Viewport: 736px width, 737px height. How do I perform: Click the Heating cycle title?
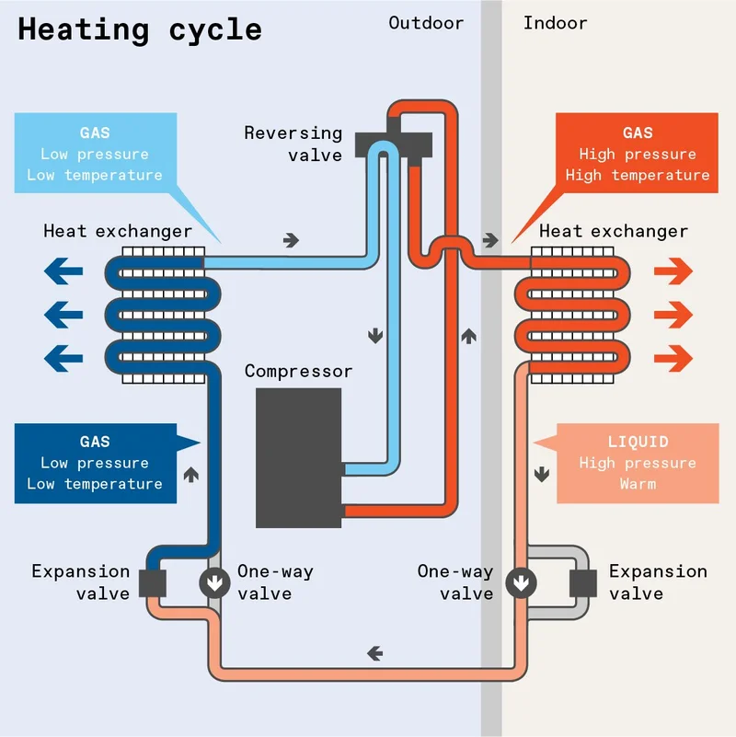pos(140,29)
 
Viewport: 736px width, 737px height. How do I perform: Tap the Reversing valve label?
pos(293,144)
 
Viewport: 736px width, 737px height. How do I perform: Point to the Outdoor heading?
pos(426,23)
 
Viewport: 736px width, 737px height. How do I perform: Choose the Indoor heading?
pos(555,23)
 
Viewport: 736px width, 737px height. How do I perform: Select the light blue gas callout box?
pos(96,154)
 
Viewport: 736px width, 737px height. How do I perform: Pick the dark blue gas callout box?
pos(96,463)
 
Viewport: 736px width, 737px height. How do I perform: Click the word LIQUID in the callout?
pos(638,443)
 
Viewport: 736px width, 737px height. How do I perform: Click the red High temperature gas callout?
pos(638,154)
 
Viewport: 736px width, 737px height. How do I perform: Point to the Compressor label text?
pos(298,372)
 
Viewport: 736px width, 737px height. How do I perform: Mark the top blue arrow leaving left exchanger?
pos(63,272)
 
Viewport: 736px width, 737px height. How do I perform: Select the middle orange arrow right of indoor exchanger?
pos(673,315)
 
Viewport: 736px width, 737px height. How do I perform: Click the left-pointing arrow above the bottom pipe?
pos(374,653)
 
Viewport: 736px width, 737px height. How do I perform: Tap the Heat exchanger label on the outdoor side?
pos(118,231)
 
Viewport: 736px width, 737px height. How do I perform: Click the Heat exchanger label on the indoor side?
pos(614,231)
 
